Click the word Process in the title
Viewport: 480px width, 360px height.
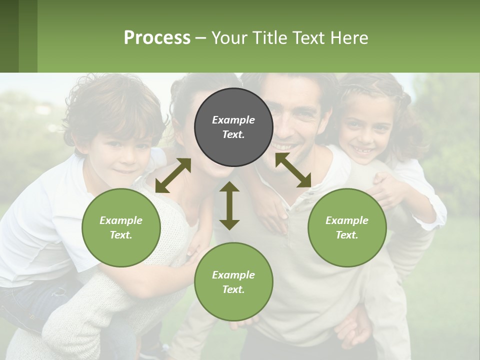[157, 38]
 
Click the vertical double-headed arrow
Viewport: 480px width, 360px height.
[229, 205]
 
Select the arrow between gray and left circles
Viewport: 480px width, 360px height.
[173, 175]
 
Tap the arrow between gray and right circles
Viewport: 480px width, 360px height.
[293, 170]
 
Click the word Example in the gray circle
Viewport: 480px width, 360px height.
[233, 120]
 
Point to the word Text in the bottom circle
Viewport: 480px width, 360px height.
[232, 289]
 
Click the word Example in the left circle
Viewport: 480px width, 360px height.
[121, 220]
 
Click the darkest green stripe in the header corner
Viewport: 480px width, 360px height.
[9, 36]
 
